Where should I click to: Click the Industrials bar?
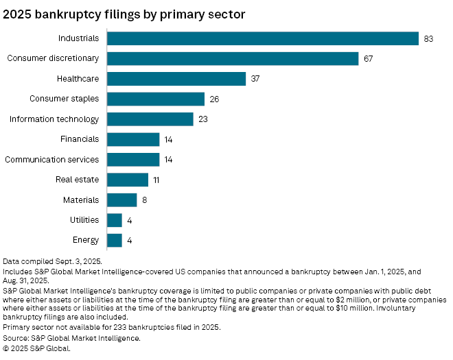point(263,38)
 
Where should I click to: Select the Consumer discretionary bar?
point(233,58)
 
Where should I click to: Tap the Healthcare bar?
point(176,79)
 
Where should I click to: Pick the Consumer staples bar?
point(156,99)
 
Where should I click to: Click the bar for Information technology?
point(150,119)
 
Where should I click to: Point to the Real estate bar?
point(128,180)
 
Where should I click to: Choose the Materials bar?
point(122,200)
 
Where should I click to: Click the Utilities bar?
point(115,220)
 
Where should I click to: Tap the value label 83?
point(428,38)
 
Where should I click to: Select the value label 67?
point(368,58)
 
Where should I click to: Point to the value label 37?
point(255,79)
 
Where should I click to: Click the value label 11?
point(156,180)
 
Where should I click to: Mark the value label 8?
point(145,200)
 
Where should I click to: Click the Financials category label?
point(80,139)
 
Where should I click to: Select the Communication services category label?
point(52,160)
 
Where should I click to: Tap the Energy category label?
point(85,240)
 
